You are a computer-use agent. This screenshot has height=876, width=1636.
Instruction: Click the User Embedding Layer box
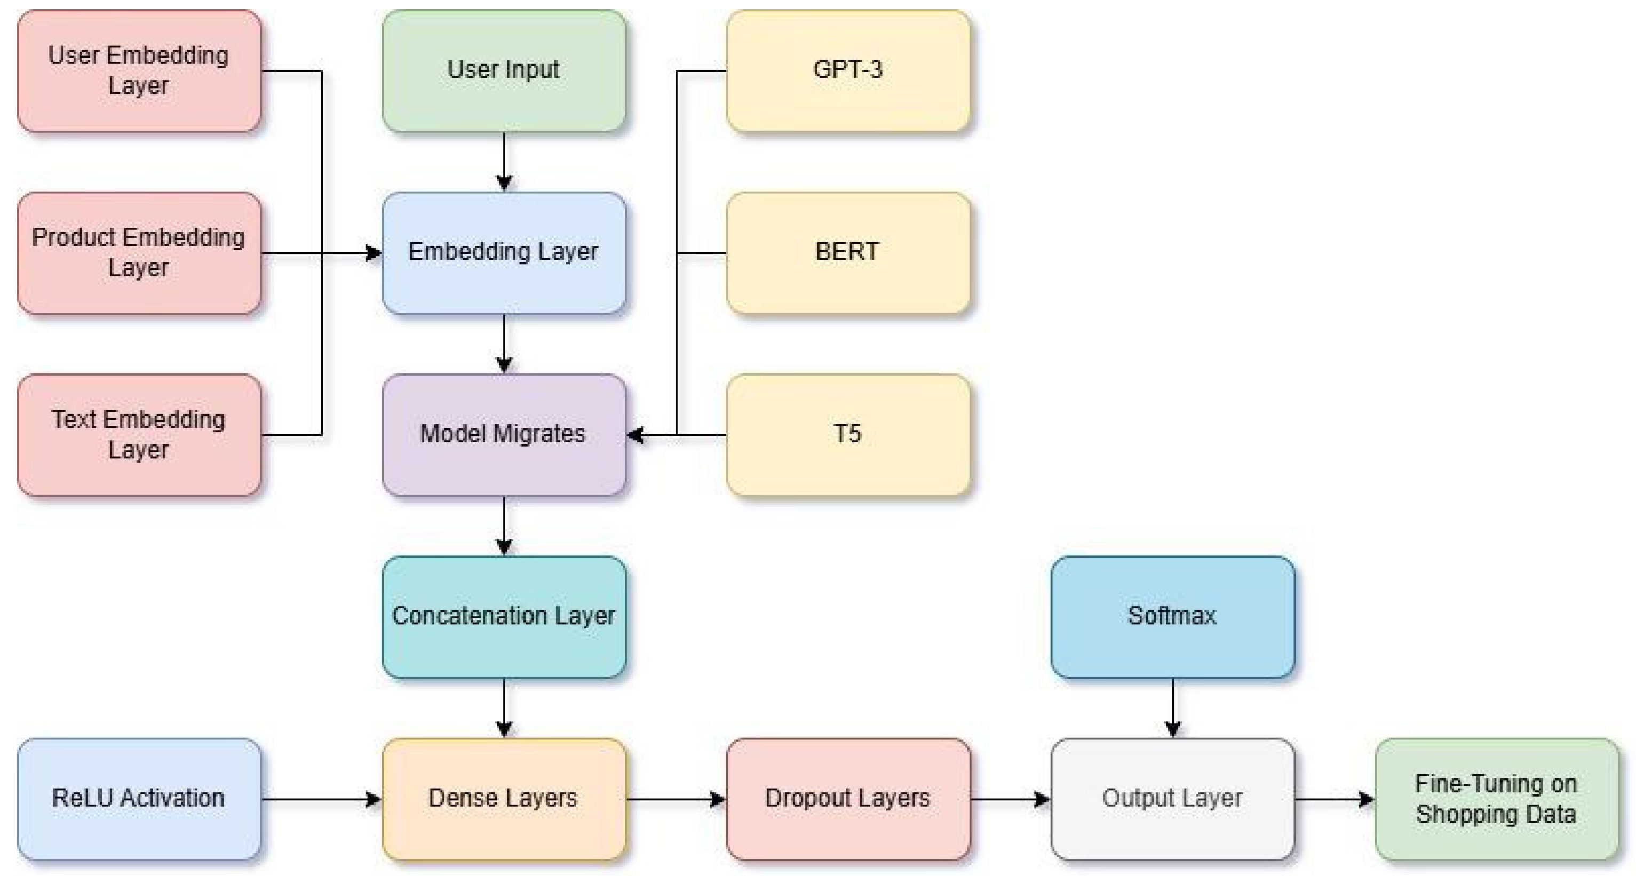tap(138, 70)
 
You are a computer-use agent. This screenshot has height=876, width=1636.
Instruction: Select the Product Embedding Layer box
tap(138, 253)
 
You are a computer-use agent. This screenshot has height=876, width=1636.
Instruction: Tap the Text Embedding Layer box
tap(138, 435)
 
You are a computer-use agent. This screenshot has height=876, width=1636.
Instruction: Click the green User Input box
tap(504, 70)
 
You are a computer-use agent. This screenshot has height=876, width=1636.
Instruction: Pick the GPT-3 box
tap(848, 70)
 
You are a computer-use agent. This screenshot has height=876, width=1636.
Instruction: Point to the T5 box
tap(848, 435)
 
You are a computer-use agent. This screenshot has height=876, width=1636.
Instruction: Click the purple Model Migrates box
tap(504, 435)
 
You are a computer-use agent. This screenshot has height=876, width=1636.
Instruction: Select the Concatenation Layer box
tap(504, 616)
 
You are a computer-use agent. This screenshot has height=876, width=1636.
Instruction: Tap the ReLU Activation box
tap(138, 799)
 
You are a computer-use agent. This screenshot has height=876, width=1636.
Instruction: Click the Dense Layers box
tap(504, 799)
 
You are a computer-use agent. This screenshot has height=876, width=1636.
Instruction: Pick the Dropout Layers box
tap(848, 799)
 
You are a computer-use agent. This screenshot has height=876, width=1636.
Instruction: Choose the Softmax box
tap(1172, 616)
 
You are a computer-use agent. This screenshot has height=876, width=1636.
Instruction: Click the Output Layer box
tap(1172, 799)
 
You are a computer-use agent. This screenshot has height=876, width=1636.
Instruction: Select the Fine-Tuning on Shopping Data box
tap(1496, 799)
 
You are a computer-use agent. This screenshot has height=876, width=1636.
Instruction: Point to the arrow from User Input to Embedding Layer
tap(504, 161)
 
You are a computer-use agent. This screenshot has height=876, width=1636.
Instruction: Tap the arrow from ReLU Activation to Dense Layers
tap(321, 799)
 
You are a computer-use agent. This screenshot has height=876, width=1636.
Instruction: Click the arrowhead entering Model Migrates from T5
tap(635, 435)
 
